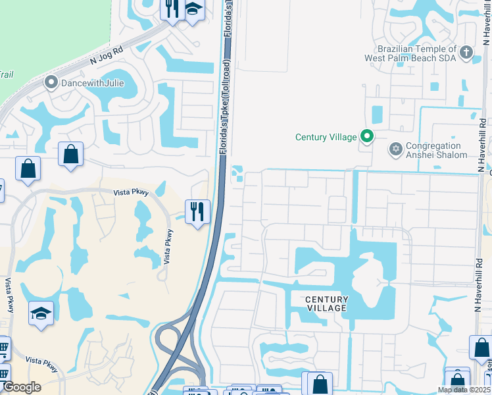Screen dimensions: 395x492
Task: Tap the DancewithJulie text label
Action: coord(92,84)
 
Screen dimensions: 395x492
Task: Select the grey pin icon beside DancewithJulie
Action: coord(51,84)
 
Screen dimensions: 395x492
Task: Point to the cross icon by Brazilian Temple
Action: coord(466,53)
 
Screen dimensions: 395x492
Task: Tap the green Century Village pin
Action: coord(367,137)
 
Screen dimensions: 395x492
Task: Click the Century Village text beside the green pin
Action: coord(326,137)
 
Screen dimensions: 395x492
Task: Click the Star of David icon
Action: coord(396,150)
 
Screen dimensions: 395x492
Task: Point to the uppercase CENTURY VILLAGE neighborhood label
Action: coord(326,303)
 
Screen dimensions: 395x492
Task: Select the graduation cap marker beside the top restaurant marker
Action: coord(193,10)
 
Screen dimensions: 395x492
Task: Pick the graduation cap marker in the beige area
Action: coord(41,313)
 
